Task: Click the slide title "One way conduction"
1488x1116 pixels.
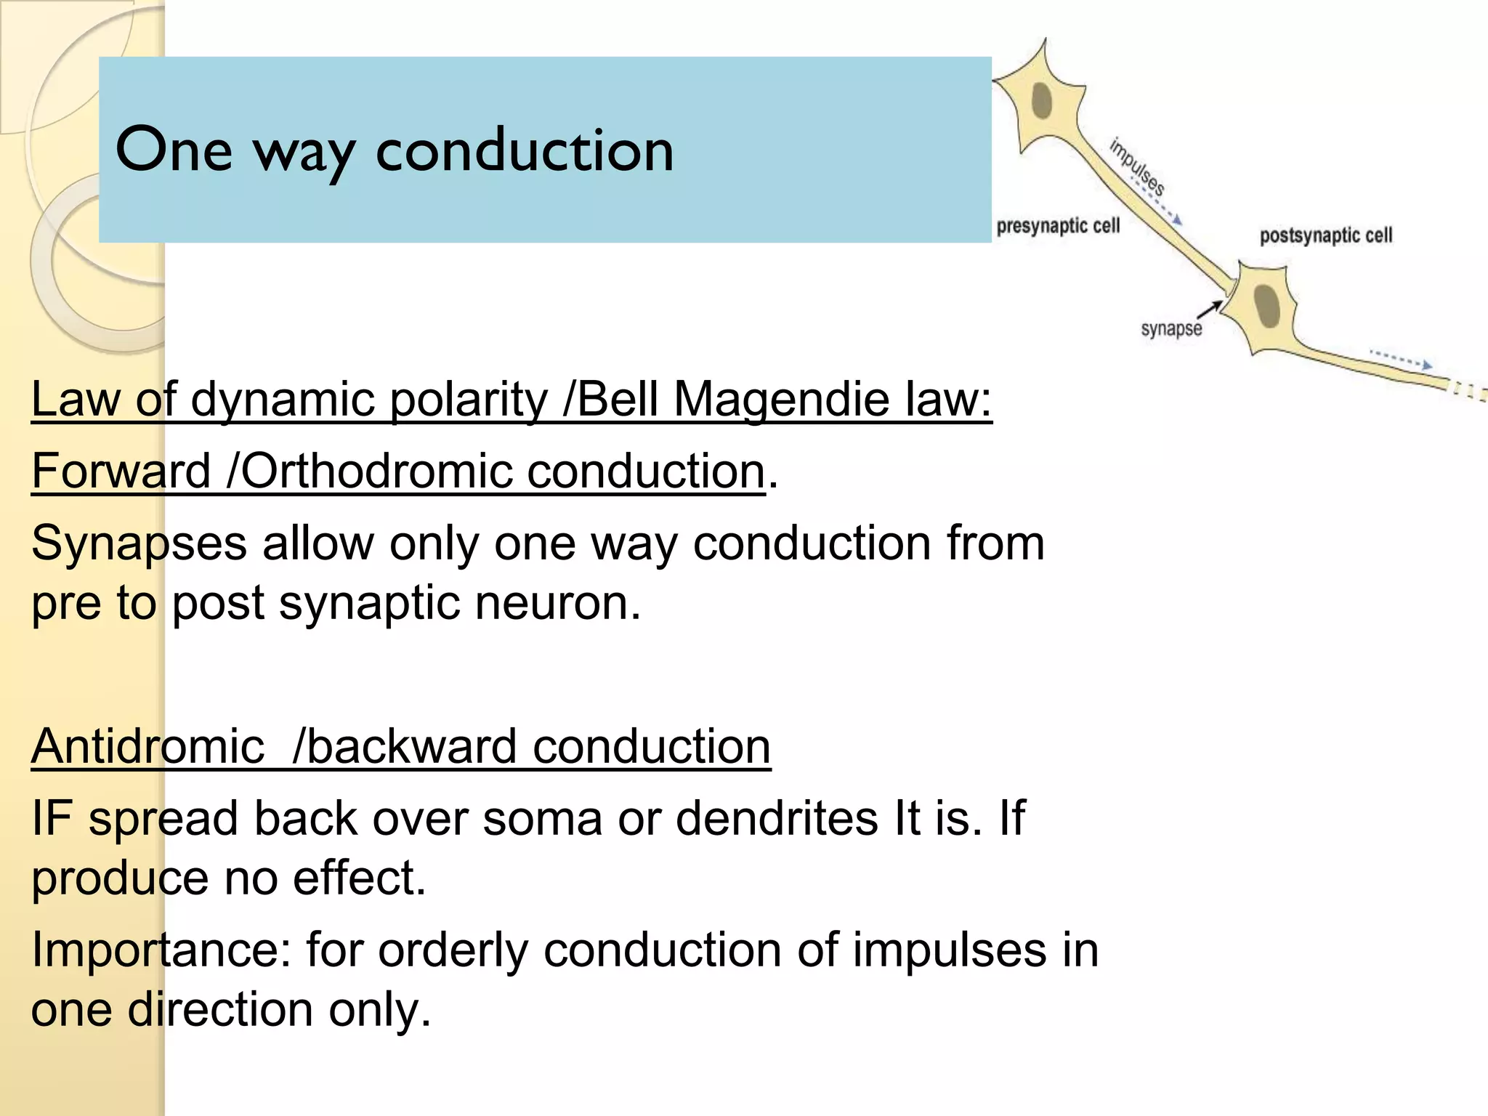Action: [x=395, y=150]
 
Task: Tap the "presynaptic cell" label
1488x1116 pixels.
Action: [x=1058, y=227]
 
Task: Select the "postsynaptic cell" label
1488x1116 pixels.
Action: [x=1326, y=235]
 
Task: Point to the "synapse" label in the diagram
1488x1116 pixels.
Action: [x=1171, y=329]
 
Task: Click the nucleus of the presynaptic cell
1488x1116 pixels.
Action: [x=1042, y=101]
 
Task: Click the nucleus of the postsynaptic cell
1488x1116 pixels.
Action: [x=1268, y=306]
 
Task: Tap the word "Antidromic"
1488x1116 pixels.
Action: [x=147, y=746]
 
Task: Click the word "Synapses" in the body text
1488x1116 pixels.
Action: [x=139, y=543]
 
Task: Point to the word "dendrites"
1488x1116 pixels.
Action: [x=777, y=818]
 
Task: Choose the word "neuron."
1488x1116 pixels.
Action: [x=558, y=603]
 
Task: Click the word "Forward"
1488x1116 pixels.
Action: [x=121, y=471]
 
